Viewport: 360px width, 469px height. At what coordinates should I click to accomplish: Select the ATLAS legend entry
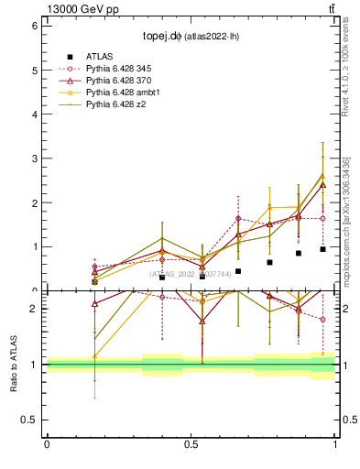[100, 56]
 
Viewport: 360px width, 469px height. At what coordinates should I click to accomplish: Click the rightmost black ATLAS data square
[322, 249]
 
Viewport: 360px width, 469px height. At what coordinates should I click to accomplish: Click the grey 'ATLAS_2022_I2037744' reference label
[191, 274]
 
